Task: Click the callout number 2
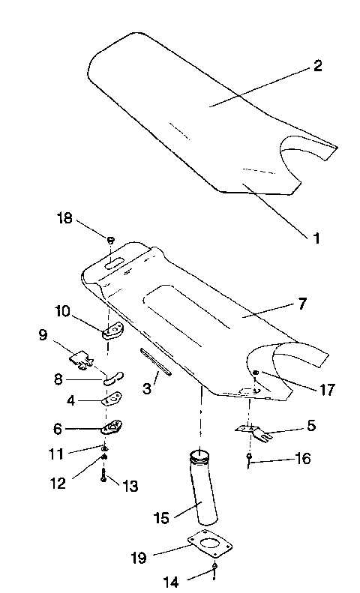(317, 66)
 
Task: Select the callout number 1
(316, 239)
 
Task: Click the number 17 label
(326, 390)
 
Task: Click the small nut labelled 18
(110, 240)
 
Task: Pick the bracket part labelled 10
(115, 329)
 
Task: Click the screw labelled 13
(103, 478)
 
